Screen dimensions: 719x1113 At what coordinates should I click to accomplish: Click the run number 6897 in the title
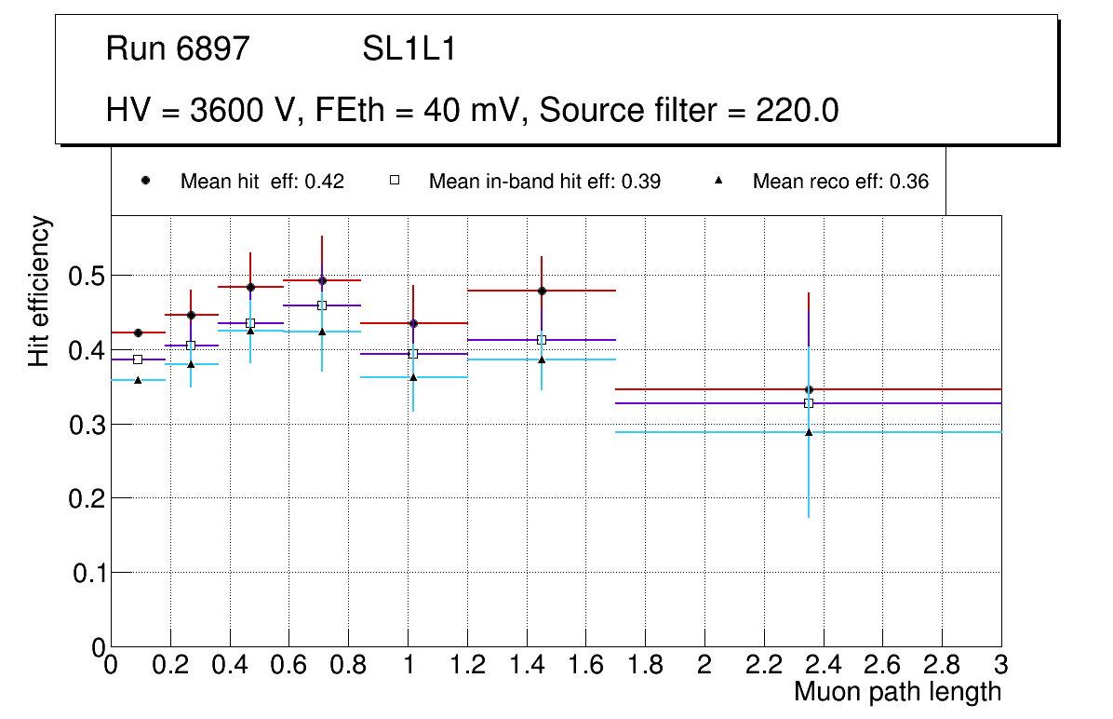[x=213, y=49]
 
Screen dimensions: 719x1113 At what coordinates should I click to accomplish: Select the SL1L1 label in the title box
[x=409, y=49]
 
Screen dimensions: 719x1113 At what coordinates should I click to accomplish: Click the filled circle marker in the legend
[x=145, y=180]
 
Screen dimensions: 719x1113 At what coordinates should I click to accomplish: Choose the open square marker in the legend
[x=394, y=180]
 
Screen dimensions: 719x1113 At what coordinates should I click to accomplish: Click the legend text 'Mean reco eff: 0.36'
[x=840, y=182]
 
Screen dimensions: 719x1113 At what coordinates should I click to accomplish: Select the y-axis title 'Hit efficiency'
[x=39, y=291]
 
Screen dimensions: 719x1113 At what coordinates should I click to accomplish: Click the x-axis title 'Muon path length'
[x=897, y=692]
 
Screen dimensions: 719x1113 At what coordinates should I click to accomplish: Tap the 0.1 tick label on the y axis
[x=89, y=573]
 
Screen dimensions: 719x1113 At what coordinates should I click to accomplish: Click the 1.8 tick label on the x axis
[x=645, y=666]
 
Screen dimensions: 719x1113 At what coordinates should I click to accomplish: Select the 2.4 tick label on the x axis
[x=823, y=666]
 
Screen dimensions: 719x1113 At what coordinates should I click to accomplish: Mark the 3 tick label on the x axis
[x=1001, y=666]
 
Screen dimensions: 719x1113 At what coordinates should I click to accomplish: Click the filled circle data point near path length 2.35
[x=809, y=389]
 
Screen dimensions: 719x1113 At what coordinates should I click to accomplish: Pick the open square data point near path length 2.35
[x=809, y=403]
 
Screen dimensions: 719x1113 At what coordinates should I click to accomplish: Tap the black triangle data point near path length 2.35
[x=809, y=432]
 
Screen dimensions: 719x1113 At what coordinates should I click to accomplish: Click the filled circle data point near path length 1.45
[x=542, y=291]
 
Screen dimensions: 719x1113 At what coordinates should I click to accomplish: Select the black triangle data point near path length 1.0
[x=413, y=377]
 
